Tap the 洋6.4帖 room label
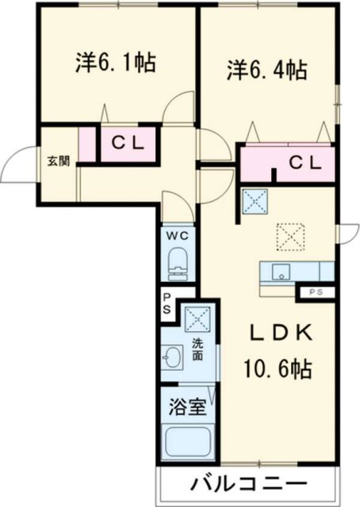point(268,71)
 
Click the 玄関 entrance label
point(58,161)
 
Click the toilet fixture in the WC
point(178,263)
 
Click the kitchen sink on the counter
point(280,272)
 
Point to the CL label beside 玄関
point(126,144)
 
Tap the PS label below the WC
point(167,303)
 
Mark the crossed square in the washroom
point(196,319)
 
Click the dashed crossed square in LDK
point(289,235)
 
